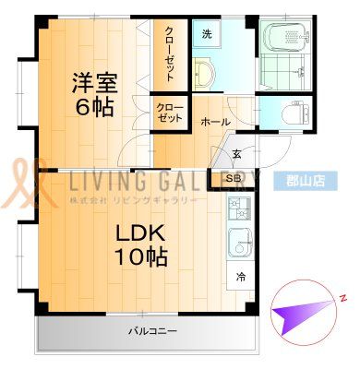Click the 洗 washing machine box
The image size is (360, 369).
click(207, 35)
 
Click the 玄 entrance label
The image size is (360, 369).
click(236, 153)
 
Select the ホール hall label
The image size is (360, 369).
click(216, 122)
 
